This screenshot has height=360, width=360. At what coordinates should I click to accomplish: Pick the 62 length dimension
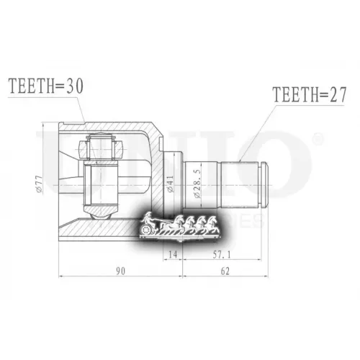coord(225,271)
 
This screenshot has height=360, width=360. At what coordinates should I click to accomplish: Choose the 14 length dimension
coord(172,255)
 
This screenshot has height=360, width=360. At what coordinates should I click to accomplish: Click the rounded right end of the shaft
coord(266,184)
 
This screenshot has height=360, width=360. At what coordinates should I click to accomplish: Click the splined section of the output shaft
coord(241,184)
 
